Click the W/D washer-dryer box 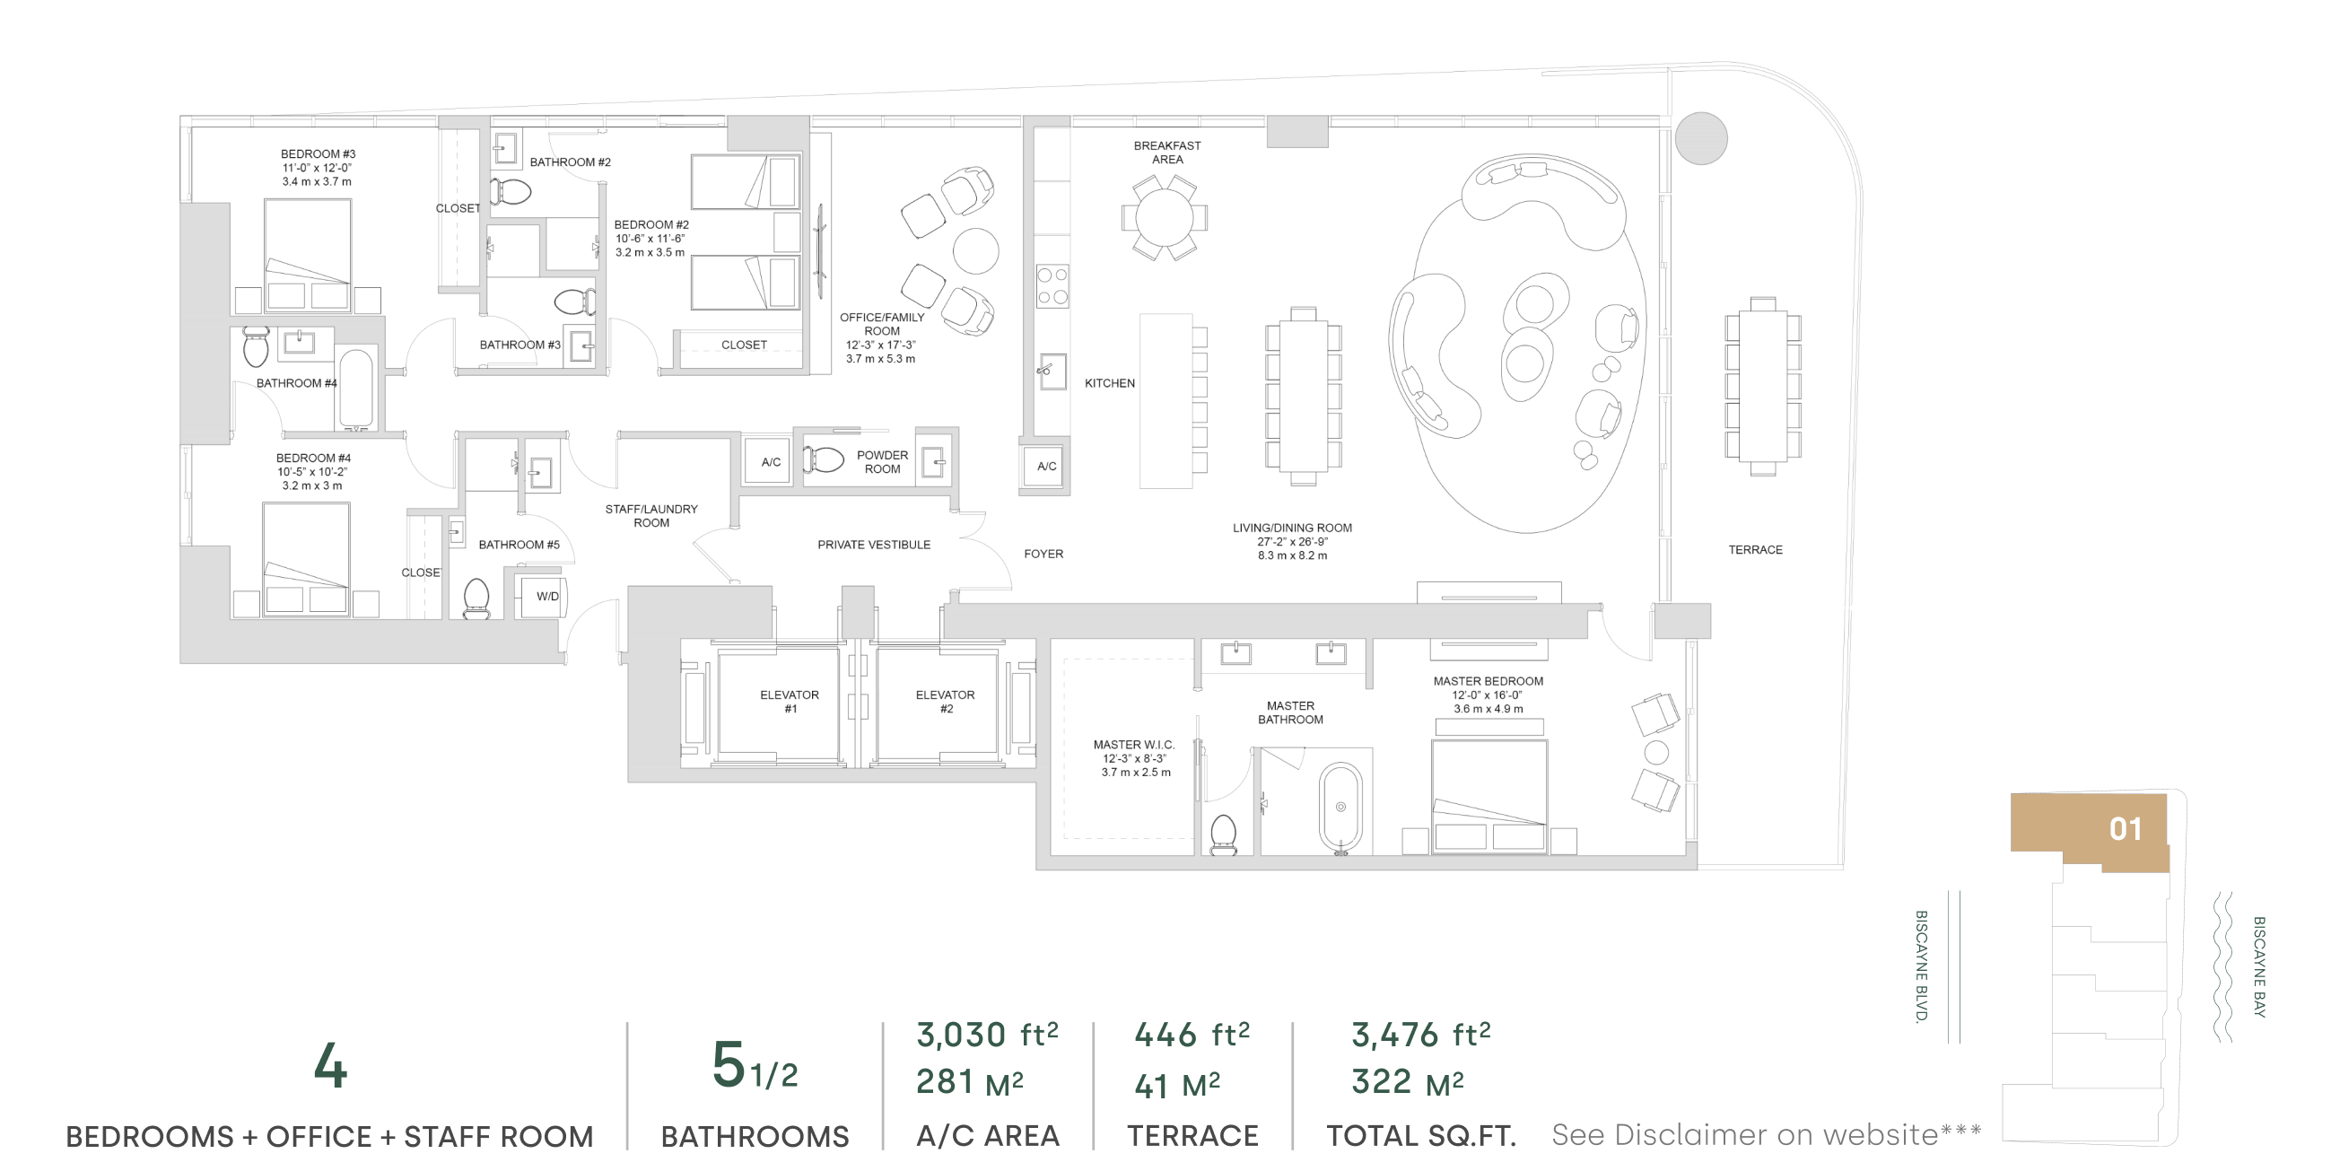tap(541, 597)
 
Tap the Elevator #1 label tap(790, 702)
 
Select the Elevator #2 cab tap(938, 703)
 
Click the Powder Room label tap(882, 461)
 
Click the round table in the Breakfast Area tap(1165, 217)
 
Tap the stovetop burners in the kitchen tap(1052, 285)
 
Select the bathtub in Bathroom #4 tap(356, 389)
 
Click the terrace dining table tap(1763, 387)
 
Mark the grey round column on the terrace tap(1701, 138)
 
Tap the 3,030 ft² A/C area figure tap(987, 1034)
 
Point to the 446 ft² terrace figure tap(1192, 1034)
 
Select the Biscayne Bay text tap(2259, 966)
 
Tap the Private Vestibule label tap(874, 545)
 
